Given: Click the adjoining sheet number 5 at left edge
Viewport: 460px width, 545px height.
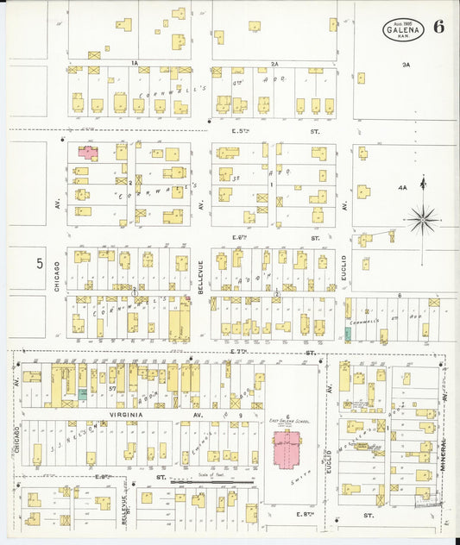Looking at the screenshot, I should coord(40,264).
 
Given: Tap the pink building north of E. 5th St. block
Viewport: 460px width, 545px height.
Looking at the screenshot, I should coord(89,152).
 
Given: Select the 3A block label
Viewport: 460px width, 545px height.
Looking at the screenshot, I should coord(406,65).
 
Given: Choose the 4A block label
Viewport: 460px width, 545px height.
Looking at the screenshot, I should coord(402,187).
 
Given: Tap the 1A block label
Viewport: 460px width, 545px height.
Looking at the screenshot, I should coord(135,63).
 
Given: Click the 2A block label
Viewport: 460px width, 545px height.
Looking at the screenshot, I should coord(274,63).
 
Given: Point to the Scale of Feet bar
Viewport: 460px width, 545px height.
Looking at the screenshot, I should coord(211,481).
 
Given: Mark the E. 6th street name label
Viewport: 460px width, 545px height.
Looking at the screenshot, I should coord(240,237).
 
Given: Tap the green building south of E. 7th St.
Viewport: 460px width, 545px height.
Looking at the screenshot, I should coord(83,393).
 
